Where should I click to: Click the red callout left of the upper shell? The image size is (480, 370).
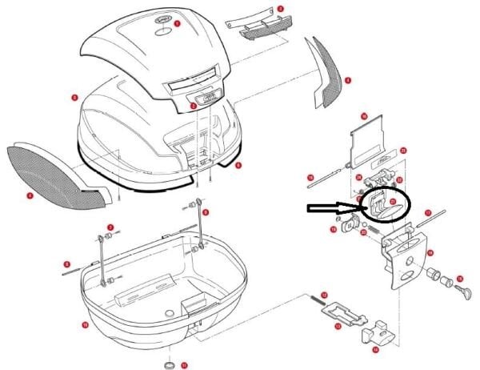coord(74,98)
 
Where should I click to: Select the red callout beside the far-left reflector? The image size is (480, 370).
coord(30,195)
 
